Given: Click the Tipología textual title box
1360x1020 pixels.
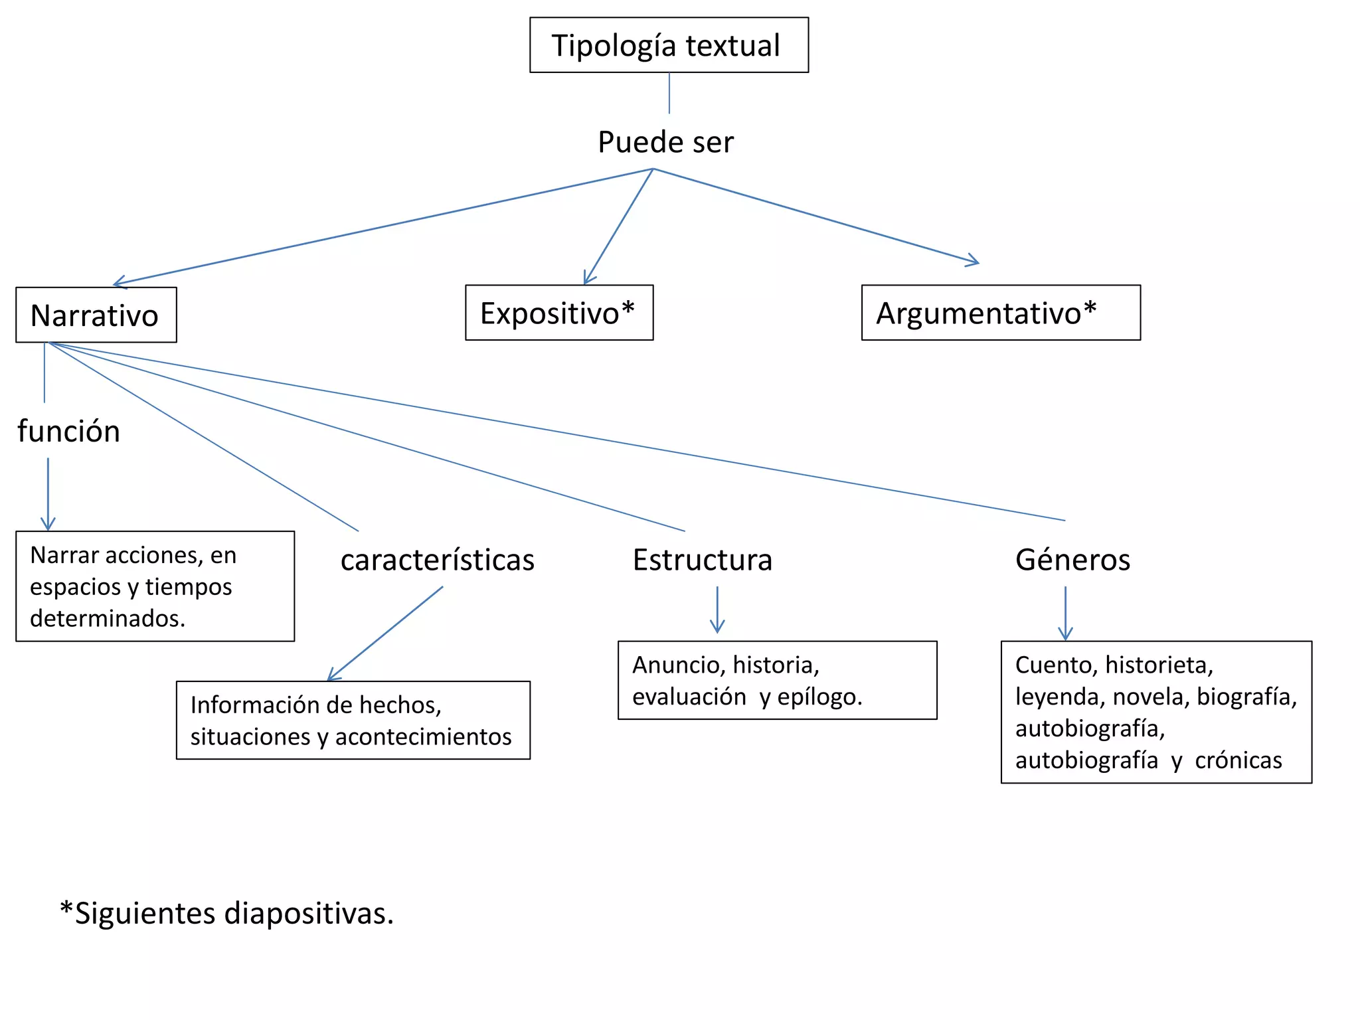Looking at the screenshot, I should [669, 45].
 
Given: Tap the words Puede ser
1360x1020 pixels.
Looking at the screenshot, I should [665, 142].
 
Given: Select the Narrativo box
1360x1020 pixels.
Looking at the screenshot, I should [96, 315].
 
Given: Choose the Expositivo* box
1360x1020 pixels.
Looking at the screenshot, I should [558, 313].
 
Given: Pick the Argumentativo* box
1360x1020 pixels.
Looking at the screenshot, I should [1000, 313].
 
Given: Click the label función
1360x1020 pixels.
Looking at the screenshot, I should [68, 431].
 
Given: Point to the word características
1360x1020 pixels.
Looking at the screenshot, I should [437, 560].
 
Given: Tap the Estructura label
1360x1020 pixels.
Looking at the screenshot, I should [703, 560].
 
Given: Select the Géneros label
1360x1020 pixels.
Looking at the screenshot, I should [1072, 560].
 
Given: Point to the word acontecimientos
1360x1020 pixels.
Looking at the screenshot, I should [423, 736].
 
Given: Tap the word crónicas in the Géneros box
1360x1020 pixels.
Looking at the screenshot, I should [1238, 760].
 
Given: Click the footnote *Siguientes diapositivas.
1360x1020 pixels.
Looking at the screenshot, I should [227, 913].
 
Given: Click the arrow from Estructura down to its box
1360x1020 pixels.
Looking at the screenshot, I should [717, 610].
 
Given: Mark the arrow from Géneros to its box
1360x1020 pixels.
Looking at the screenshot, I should [1065, 614].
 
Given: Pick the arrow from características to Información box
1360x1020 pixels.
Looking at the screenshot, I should [385, 634].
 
